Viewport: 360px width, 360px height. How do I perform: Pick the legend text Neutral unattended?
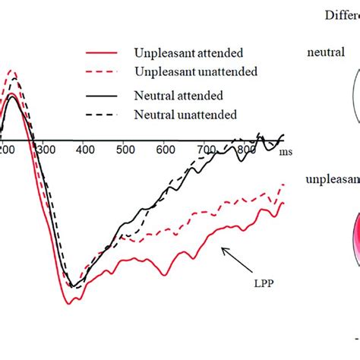tap(186, 115)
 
